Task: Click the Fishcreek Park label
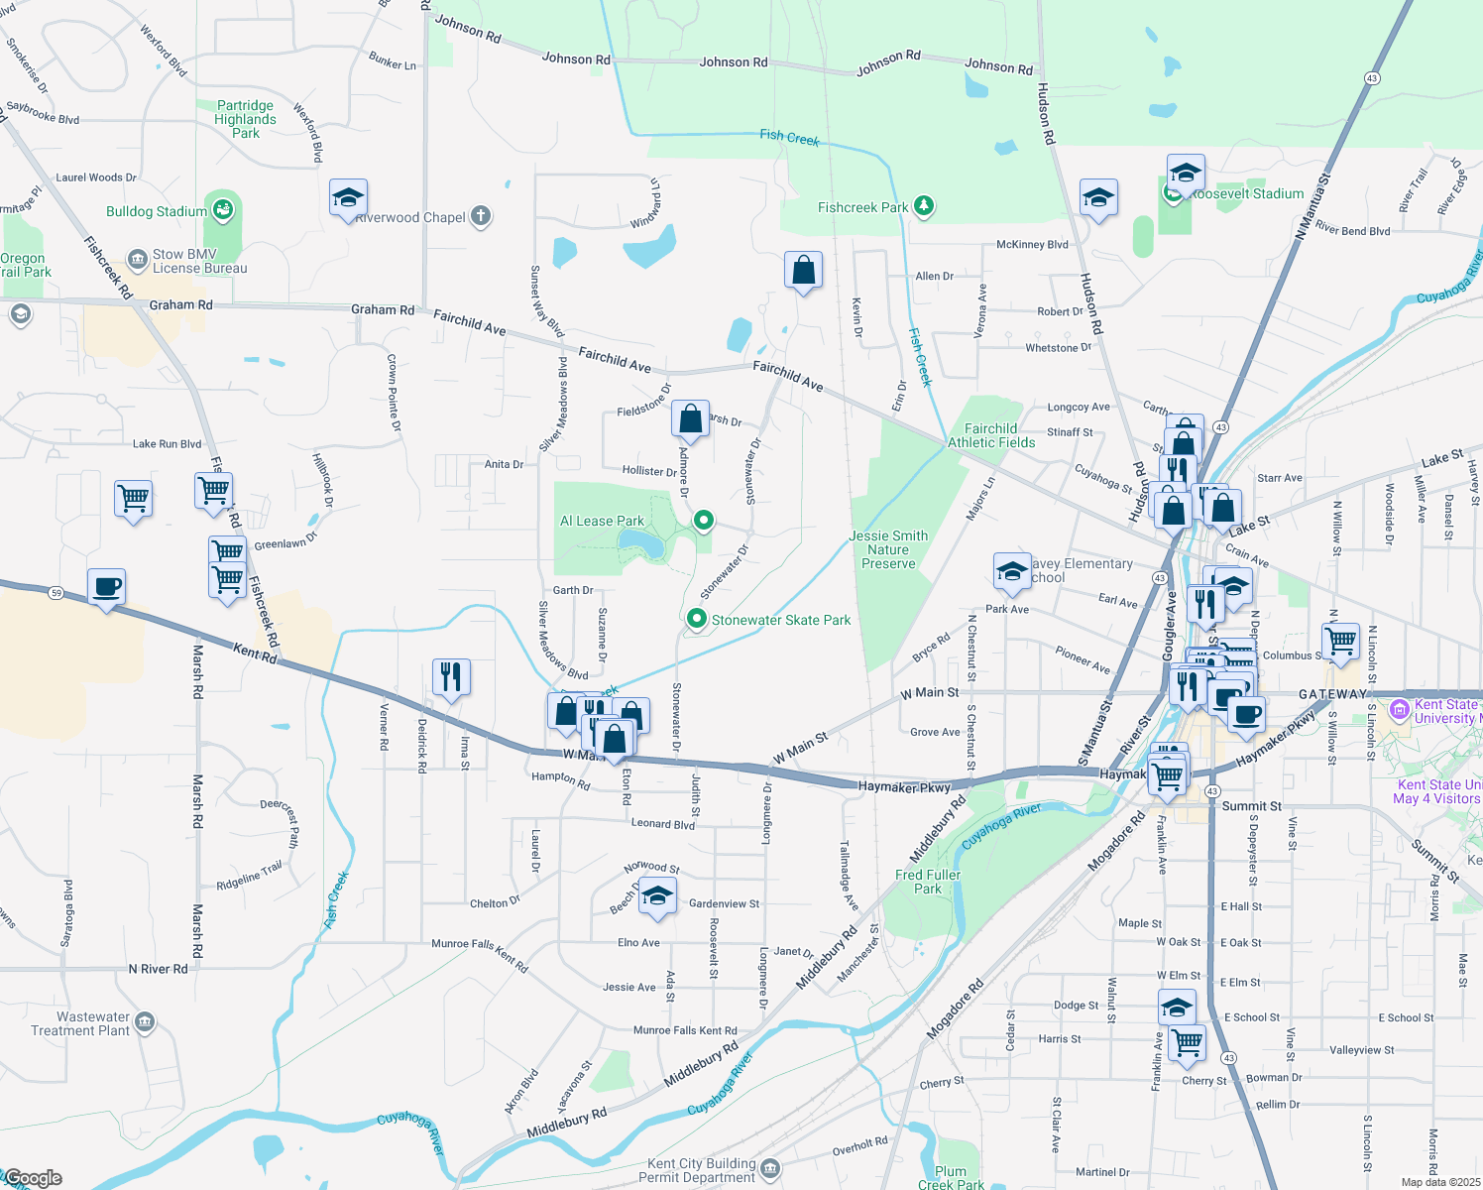point(862,207)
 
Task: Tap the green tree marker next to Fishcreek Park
point(924,206)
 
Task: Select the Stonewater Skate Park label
point(781,620)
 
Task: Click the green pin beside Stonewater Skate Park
point(697,620)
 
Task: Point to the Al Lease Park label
point(602,521)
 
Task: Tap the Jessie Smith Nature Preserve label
point(888,549)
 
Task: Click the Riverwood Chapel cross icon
point(481,216)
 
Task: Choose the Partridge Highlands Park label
point(246,119)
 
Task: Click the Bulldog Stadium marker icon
point(223,210)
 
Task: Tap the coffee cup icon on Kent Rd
point(106,586)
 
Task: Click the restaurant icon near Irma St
point(451,676)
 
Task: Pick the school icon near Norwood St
point(656,896)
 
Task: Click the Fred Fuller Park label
point(928,882)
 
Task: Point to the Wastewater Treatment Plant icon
point(145,1021)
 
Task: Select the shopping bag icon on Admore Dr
point(691,418)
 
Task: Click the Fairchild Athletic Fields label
point(991,435)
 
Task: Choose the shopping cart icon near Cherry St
point(1187,1042)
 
